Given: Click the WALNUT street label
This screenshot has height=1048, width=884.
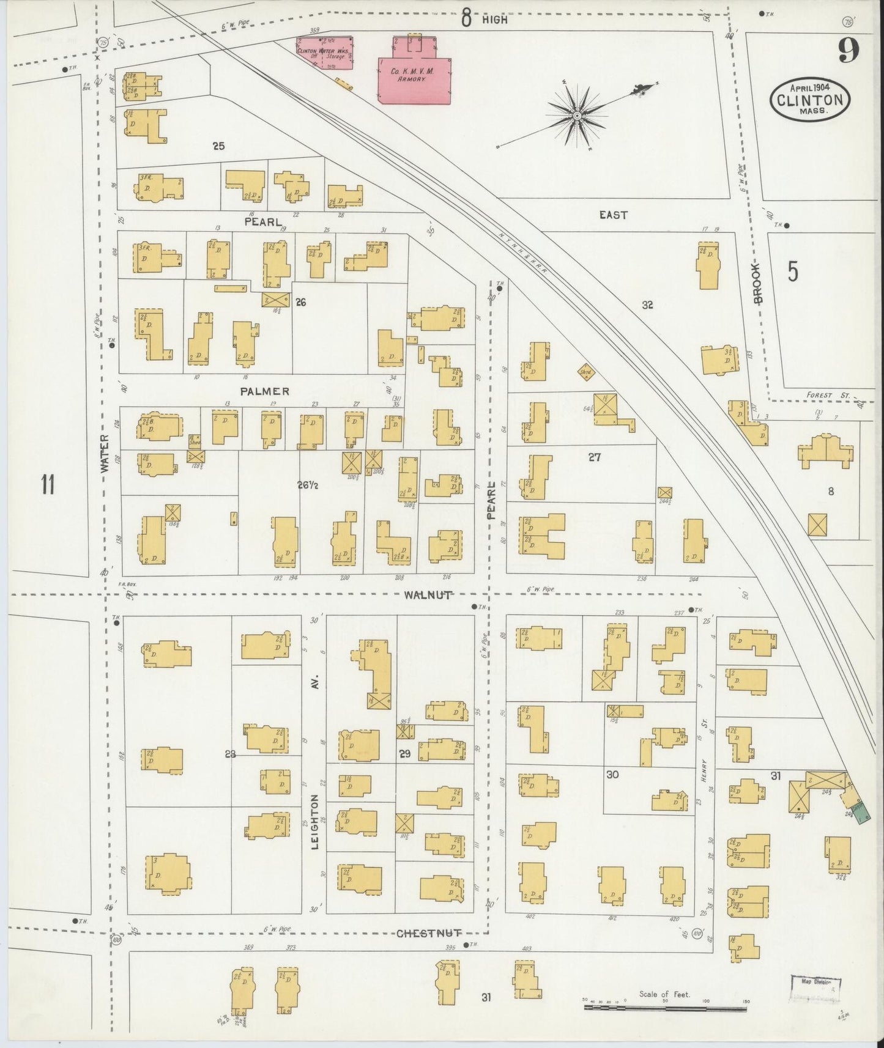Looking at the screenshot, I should pyautogui.click(x=428, y=594).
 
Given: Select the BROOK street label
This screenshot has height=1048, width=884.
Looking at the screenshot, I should pyautogui.click(x=758, y=284).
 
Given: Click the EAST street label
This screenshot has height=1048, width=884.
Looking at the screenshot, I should pyautogui.click(x=613, y=215).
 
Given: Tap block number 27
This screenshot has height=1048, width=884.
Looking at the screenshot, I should pyautogui.click(x=594, y=456).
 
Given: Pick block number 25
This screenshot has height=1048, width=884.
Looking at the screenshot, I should pyautogui.click(x=218, y=146).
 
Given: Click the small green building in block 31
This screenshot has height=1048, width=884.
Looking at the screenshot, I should pyautogui.click(x=861, y=813).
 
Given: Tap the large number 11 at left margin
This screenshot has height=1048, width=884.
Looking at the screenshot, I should pyautogui.click(x=48, y=485).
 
